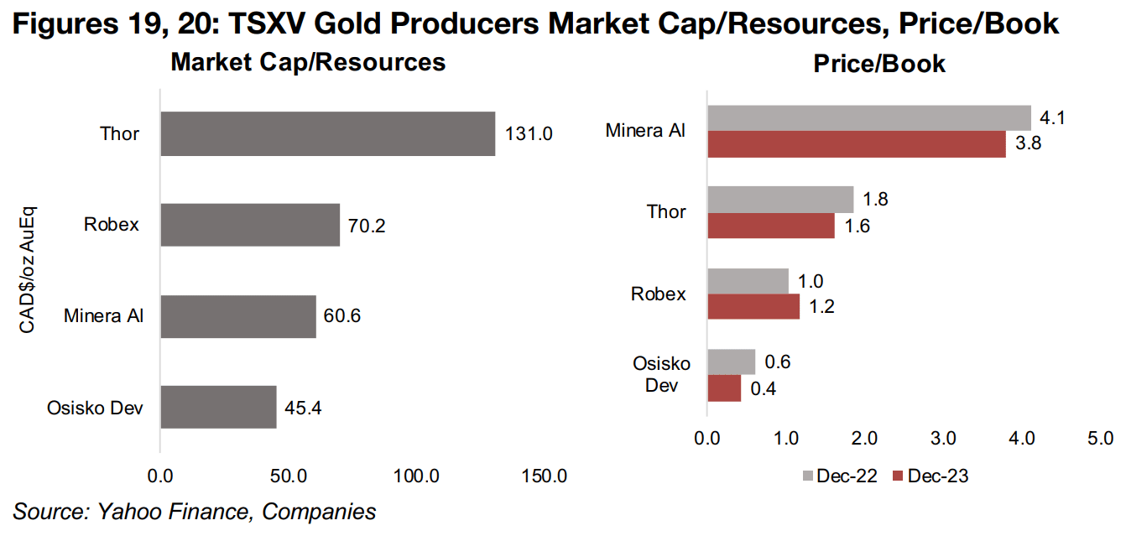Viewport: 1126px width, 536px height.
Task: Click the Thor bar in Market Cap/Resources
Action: pyautogui.click(x=327, y=133)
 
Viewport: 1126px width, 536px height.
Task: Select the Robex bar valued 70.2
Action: pyautogui.click(x=250, y=225)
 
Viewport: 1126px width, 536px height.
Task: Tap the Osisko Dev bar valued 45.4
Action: pyautogui.click(x=218, y=407)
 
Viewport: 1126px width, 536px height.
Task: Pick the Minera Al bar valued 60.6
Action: pyautogui.click(x=238, y=316)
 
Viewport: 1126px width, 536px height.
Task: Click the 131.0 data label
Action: pyautogui.click(x=529, y=133)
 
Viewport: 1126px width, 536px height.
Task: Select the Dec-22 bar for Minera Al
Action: pyautogui.click(x=868, y=117)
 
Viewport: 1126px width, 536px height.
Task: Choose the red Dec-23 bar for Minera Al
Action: pyautogui.click(x=856, y=144)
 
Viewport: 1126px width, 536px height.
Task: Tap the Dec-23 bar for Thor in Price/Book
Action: pyautogui.click(x=770, y=226)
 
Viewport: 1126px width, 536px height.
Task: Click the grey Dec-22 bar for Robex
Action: pyautogui.click(x=748, y=281)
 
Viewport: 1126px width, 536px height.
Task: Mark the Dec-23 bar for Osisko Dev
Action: pyautogui.click(x=724, y=388)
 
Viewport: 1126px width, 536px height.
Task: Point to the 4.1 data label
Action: pyautogui.click(x=1052, y=118)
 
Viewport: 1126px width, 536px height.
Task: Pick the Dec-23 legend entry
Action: pyautogui.click(x=931, y=476)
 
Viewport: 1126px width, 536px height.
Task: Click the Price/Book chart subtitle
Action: pyautogui.click(x=879, y=64)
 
